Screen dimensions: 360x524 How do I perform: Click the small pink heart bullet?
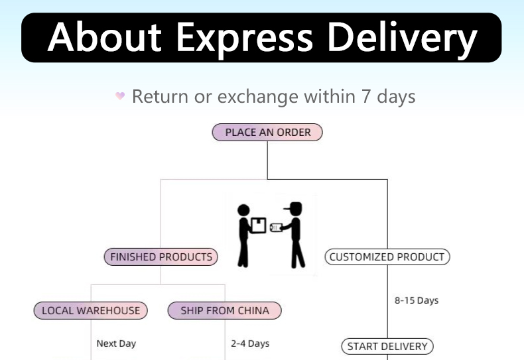pyautogui.click(x=120, y=96)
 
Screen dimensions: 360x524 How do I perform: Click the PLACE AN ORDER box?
pyautogui.click(x=267, y=132)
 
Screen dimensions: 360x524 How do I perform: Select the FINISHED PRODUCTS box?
pyautogui.click(x=161, y=257)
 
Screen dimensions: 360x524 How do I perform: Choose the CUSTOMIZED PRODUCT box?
pyautogui.click(x=387, y=257)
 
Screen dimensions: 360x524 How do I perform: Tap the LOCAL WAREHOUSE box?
pyautogui.click(x=91, y=310)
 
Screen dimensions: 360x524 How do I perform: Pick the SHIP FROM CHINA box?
pyautogui.click(x=225, y=310)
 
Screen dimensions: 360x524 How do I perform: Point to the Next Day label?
pyautogui.click(x=116, y=343)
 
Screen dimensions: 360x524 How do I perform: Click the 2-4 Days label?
pyautogui.click(x=250, y=343)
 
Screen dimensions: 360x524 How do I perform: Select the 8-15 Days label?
pyautogui.click(x=417, y=300)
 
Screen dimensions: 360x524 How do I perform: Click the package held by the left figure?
pyautogui.click(x=259, y=225)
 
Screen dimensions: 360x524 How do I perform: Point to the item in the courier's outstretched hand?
pyautogui.click(x=275, y=227)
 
